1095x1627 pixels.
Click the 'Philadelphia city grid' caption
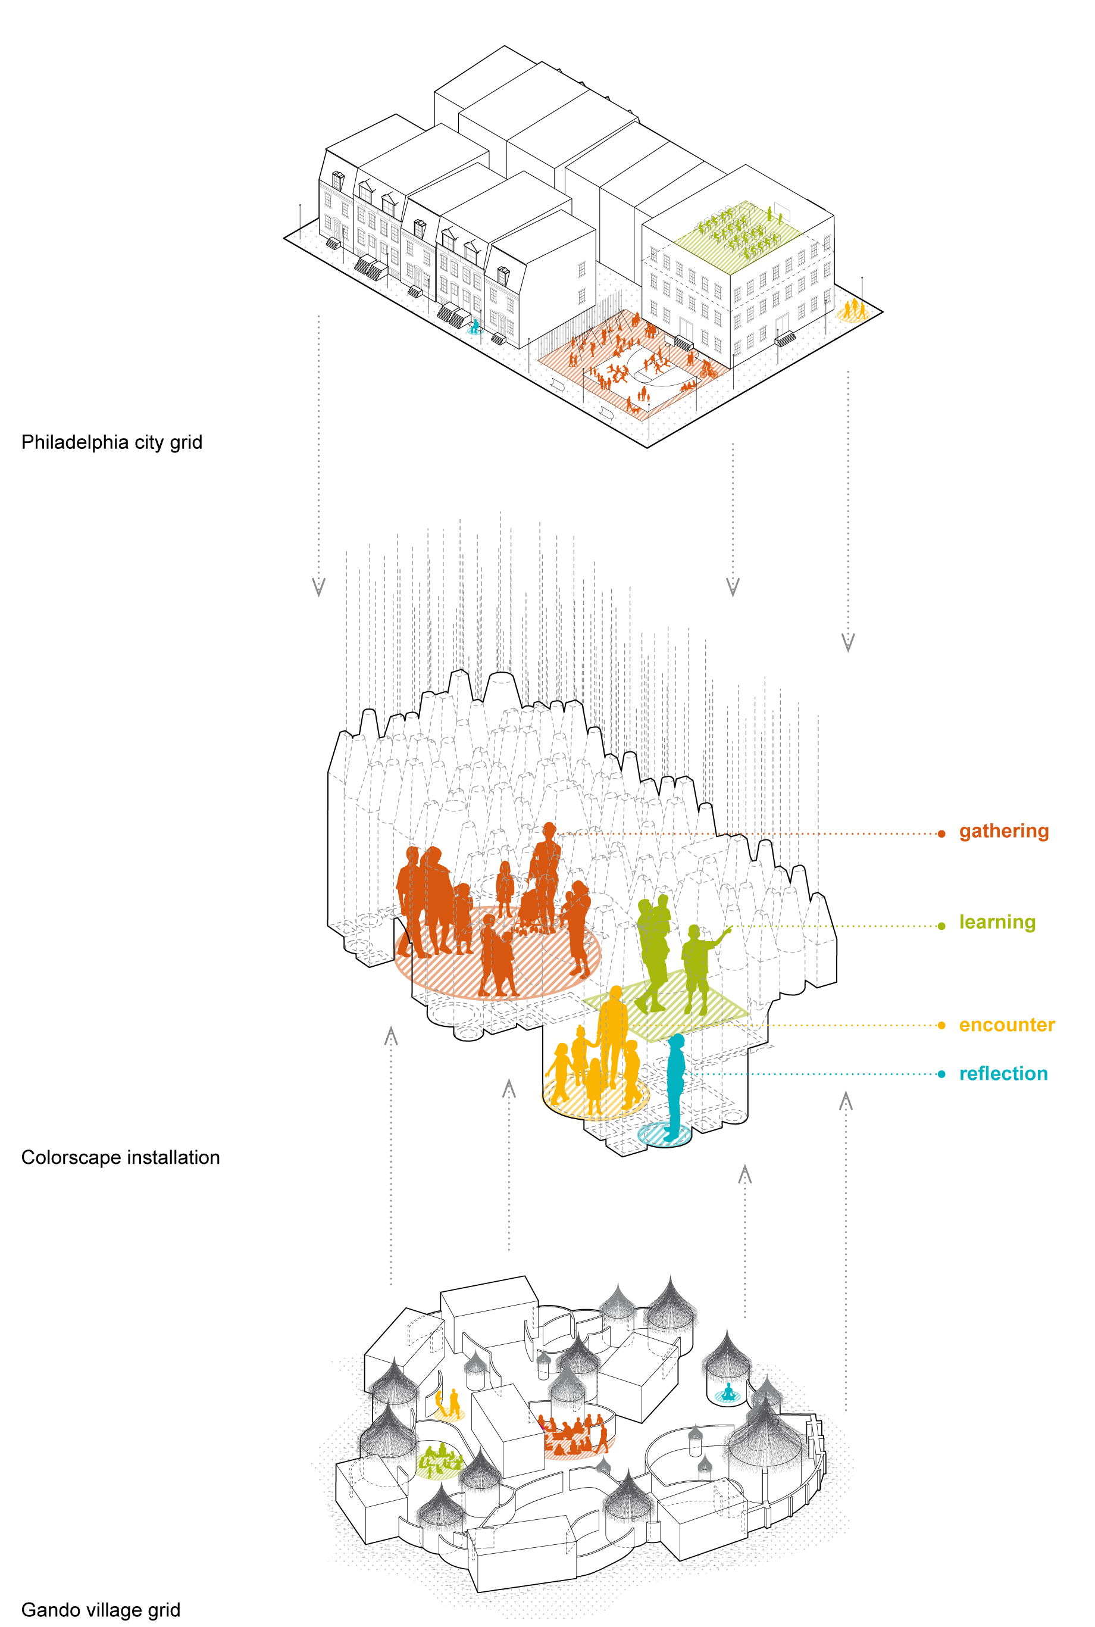coord(112,442)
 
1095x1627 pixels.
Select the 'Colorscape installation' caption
coord(120,1157)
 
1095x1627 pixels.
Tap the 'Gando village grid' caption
coord(101,1610)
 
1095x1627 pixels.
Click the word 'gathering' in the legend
coord(1003,831)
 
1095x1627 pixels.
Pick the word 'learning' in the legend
coord(997,922)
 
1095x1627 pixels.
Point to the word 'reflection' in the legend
coord(1003,1074)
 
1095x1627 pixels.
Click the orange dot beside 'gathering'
coord(941,833)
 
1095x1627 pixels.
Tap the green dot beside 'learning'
coord(941,926)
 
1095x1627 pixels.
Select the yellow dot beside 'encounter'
coord(941,1026)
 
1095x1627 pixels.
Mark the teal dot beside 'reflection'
coord(941,1075)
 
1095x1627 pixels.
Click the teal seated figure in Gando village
coord(728,1392)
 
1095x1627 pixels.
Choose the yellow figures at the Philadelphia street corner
coord(853,310)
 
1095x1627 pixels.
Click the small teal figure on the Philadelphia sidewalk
coord(475,326)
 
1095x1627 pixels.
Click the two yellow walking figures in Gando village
coord(448,1402)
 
